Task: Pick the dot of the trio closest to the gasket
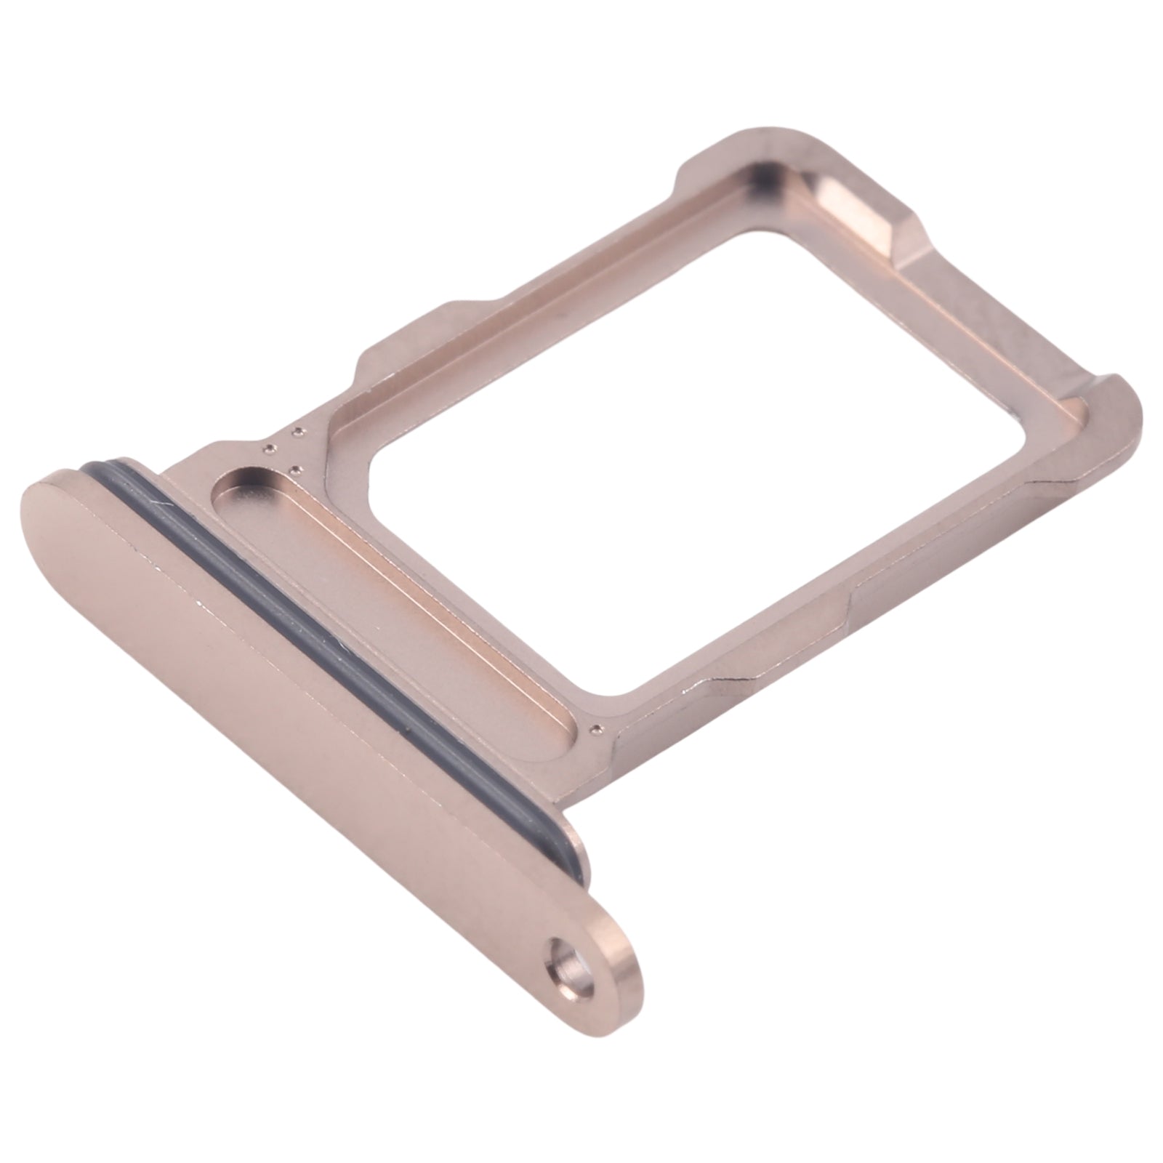tap(270, 447)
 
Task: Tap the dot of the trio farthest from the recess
tap(297, 434)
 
